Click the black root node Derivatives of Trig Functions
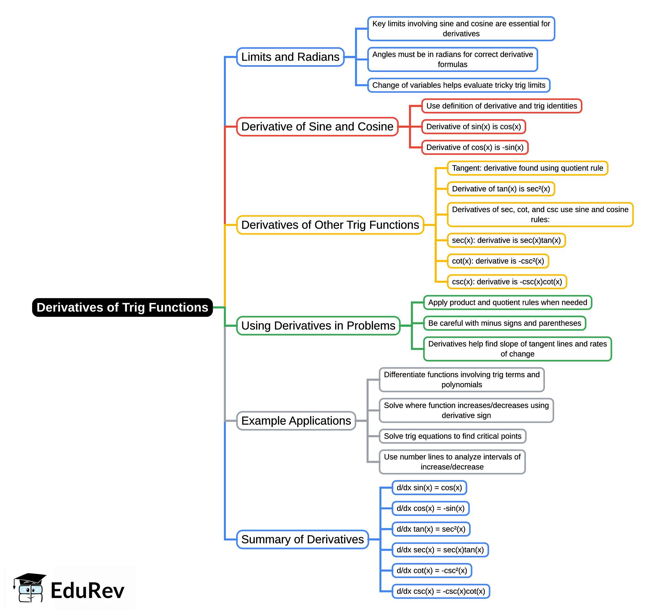(x=122, y=307)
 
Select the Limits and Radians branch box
(x=290, y=57)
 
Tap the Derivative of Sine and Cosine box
(x=317, y=127)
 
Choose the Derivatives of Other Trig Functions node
(x=330, y=225)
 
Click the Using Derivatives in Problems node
(x=318, y=325)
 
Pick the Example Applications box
(x=296, y=421)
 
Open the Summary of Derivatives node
(x=302, y=539)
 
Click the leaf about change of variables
(x=458, y=85)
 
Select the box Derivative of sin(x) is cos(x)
(x=473, y=127)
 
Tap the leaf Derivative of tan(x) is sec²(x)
(x=501, y=189)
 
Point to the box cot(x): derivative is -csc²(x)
(x=498, y=261)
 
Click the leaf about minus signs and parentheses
(x=504, y=323)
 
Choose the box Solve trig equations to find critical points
(x=452, y=436)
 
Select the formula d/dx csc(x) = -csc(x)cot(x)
(x=440, y=591)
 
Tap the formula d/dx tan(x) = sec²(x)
(x=431, y=529)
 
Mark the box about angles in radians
(x=452, y=59)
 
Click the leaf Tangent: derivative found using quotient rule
(x=527, y=168)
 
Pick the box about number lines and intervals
(x=452, y=462)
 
